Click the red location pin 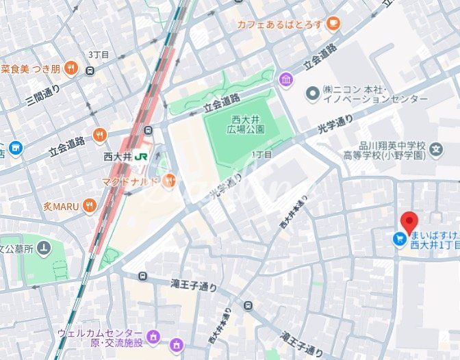pyautogui.click(x=409, y=223)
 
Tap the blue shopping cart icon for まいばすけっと pyautogui.click(x=398, y=239)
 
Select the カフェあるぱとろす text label pyautogui.click(x=279, y=24)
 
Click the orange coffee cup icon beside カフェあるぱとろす pyautogui.click(x=333, y=24)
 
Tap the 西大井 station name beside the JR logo pyautogui.click(x=116, y=156)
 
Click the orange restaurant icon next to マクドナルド pyautogui.click(x=169, y=181)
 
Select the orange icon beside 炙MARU pyautogui.click(x=90, y=205)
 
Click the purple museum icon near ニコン pyautogui.click(x=285, y=79)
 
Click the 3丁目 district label pyautogui.click(x=99, y=55)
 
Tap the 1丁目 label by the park pyautogui.click(x=262, y=155)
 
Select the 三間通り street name pyautogui.click(x=43, y=95)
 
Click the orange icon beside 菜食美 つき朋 pyautogui.click(x=90, y=69)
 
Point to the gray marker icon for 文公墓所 pyautogui.click(x=44, y=248)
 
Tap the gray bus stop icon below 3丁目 pyautogui.click(x=90, y=70)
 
